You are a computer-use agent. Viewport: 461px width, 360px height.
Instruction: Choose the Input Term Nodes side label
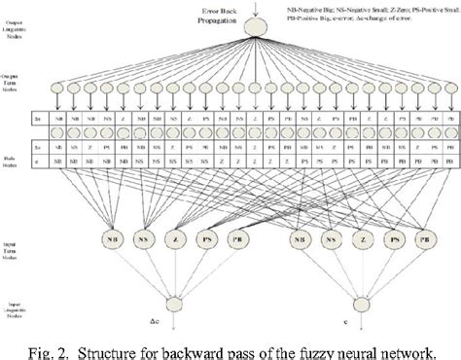click(x=21, y=239)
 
